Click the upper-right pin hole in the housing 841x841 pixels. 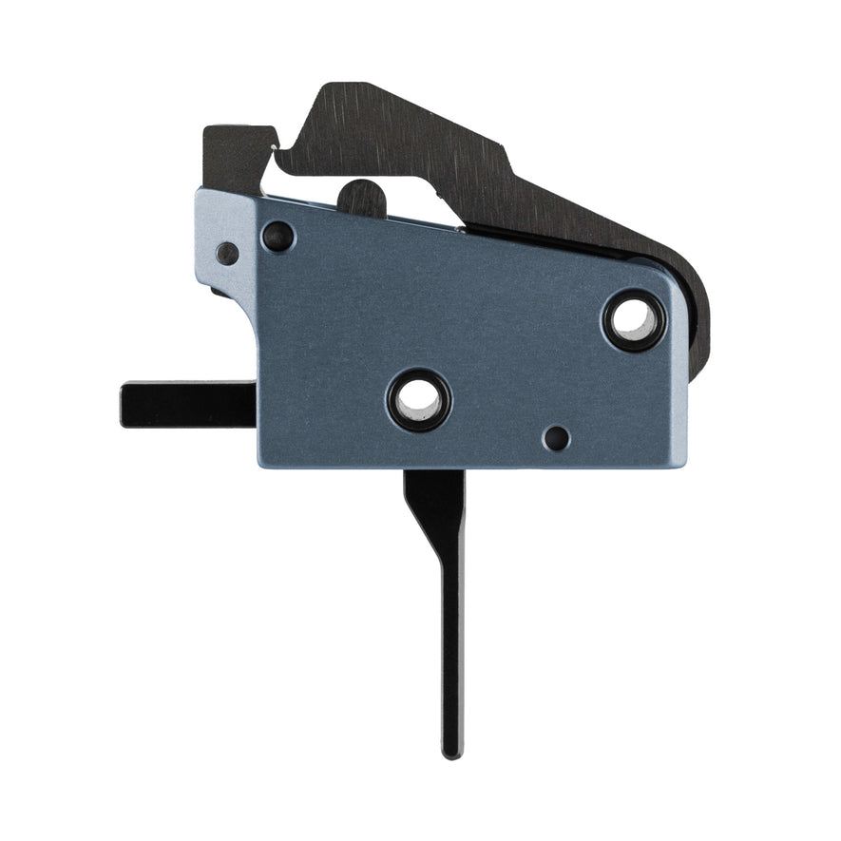coord(634,320)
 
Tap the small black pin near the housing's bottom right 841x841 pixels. coord(556,438)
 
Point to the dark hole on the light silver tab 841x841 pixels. coord(227,254)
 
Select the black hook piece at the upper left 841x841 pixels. coord(233,157)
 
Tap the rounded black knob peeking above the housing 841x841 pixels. coord(362,197)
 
